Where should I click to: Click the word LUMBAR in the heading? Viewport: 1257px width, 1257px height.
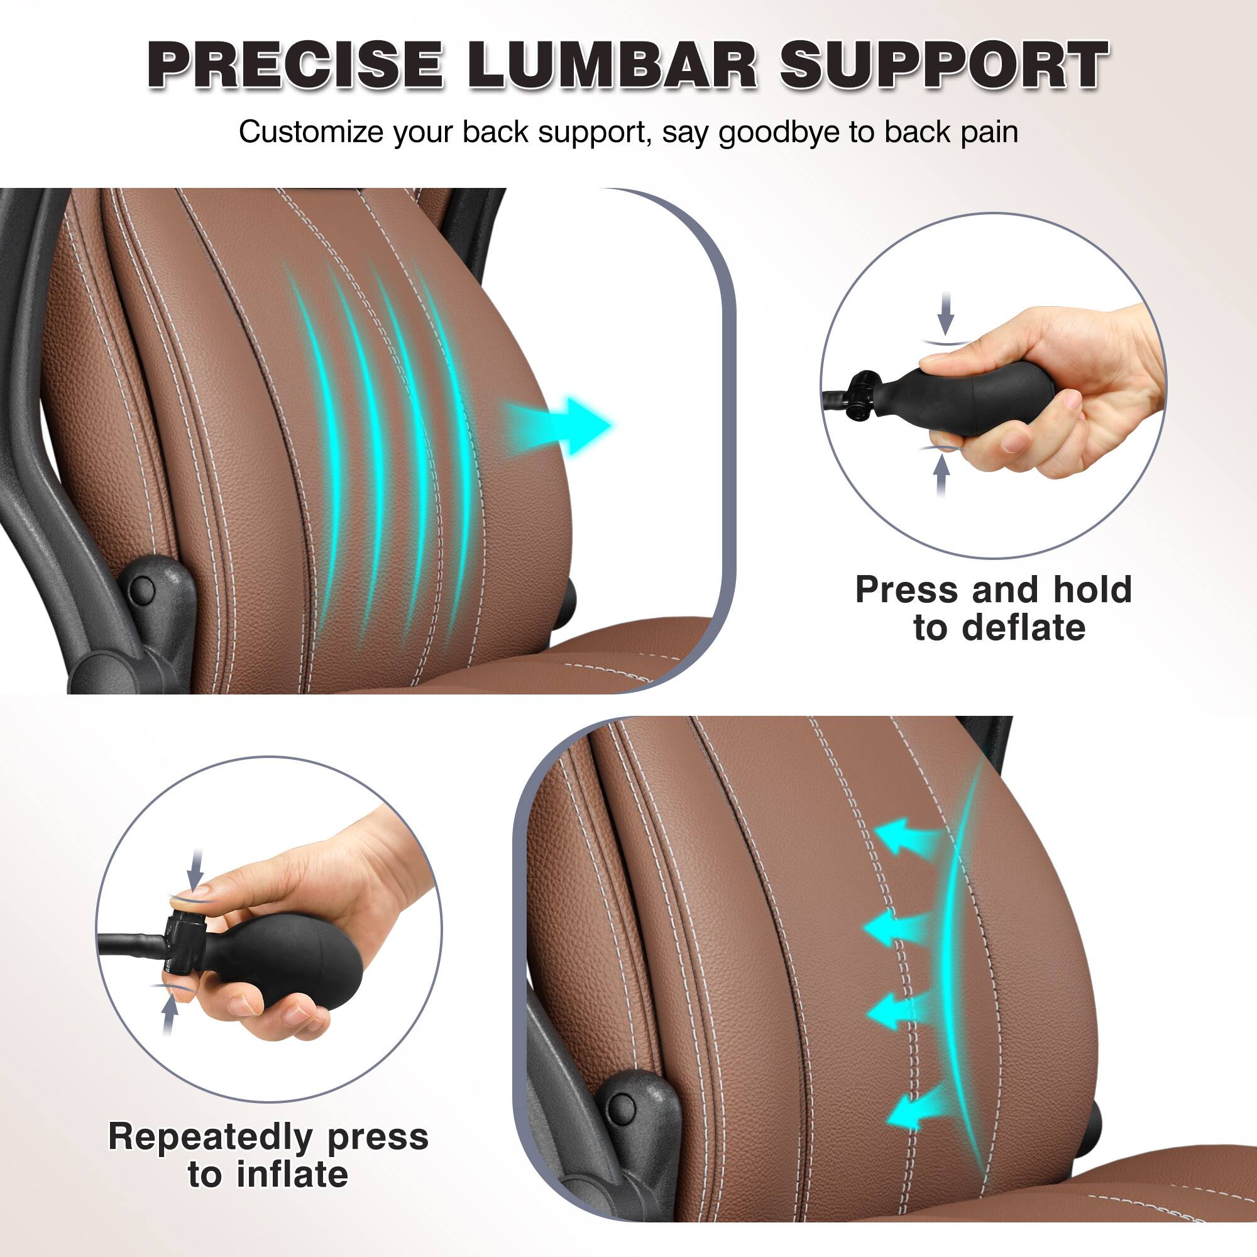(612, 65)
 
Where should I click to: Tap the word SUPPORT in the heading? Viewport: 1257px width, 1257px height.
(944, 65)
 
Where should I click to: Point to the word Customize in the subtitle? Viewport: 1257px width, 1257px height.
(310, 132)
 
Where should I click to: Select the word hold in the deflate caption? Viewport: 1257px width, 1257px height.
(1092, 590)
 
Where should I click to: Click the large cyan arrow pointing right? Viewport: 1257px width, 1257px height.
(559, 426)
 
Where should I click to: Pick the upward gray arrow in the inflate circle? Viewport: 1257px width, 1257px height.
(170, 1015)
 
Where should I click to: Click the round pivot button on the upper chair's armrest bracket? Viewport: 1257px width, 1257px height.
(143, 590)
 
